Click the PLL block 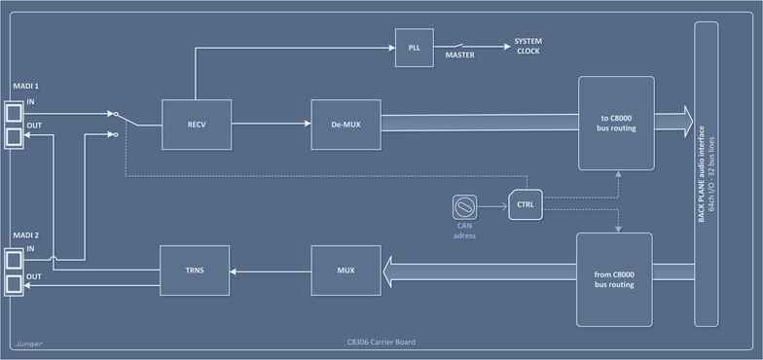[414, 49]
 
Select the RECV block [196, 124]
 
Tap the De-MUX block [345, 124]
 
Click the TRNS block [195, 270]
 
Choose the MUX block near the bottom [345, 270]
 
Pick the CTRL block [526, 205]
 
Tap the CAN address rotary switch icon [465, 206]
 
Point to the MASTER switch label [459, 55]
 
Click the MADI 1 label [25, 87]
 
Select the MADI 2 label [25, 235]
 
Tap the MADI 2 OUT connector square [15, 284]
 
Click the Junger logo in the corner [28, 343]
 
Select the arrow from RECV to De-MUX [272, 124]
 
